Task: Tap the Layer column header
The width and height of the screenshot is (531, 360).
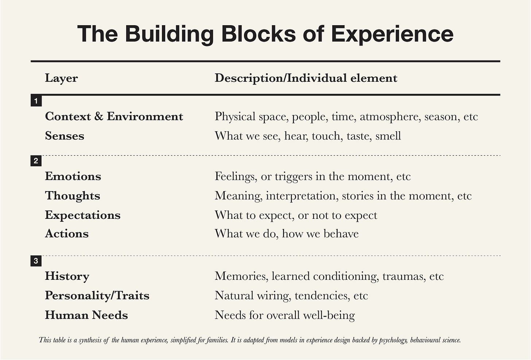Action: click(x=61, y=78)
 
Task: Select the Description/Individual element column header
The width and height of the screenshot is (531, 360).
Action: click(x=306, y=78)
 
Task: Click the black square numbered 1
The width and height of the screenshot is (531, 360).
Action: click(x=36, y=101)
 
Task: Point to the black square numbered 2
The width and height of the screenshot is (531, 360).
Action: click(x=36, y=160)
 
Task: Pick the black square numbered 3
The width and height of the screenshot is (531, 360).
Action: click(x=36, y=261)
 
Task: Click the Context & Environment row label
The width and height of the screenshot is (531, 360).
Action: click(x=114, y=116)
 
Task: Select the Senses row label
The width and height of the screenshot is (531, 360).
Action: click(x=65, y=136)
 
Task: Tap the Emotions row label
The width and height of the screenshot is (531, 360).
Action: click(x=73, y=177)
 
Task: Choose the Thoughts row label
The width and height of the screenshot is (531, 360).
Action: click(x=73, y=196)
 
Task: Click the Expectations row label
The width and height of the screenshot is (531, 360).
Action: click(x=83, y=215)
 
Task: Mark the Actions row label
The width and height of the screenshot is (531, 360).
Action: click(x=67, y=234)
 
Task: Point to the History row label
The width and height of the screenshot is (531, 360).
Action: click(x=67, y=276)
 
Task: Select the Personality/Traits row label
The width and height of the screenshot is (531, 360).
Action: click(x=97, y=295)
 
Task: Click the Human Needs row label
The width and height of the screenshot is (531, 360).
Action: click(x=86, y=315)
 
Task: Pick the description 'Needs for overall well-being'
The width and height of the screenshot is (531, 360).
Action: click(x=284, y=315)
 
